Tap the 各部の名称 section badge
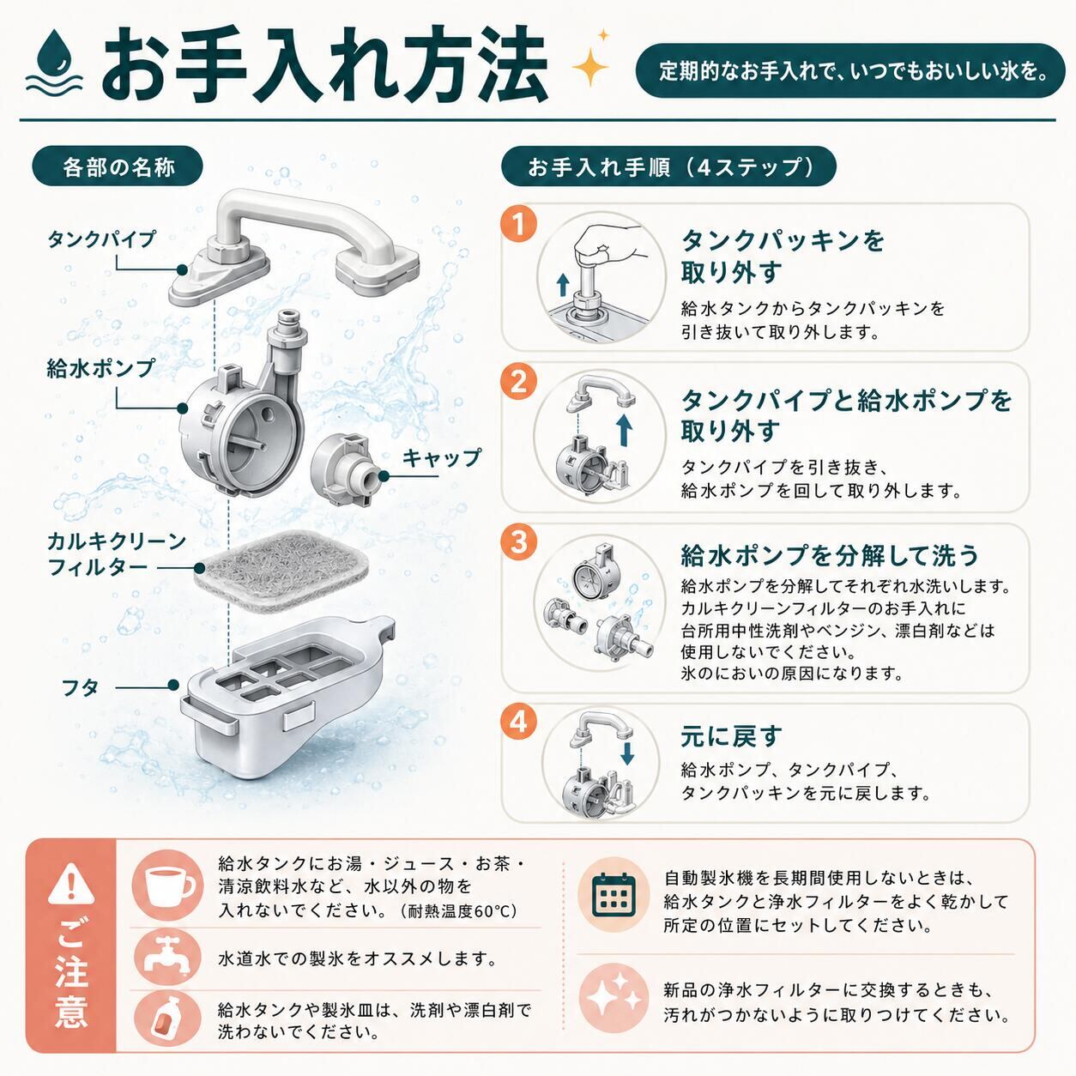click(x=118, y=166)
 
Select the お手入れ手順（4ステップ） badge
click(x=668, y=166)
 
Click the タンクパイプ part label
click(x=100, y=239)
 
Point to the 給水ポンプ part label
click(x=100, y=368)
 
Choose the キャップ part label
click(x=441, y=458)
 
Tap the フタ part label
click(x=81, y=687)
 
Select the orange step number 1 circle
click(x=519, y=225)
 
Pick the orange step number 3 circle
click(x=519, y=541)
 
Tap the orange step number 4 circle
click(x=519, y=722)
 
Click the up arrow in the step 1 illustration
click(x=563, y=284)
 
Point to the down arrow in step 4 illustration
click(x=627, y=753)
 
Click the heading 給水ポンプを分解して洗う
click(x=829, y=555)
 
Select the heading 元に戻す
click(x=731, y=736)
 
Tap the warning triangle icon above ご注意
click(x=71, y=885)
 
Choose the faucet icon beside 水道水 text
click(x=167, y=958)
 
